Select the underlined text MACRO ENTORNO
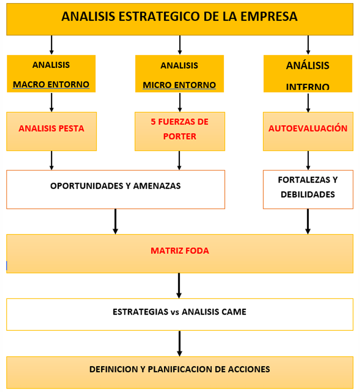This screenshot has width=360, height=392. click(51, 84)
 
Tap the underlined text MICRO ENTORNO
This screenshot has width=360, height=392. click(179, 85)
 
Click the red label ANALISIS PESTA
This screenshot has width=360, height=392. click(51, 128)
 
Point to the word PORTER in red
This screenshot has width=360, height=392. click(180, 137)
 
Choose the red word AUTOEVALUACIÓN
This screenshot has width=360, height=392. click(308, 128)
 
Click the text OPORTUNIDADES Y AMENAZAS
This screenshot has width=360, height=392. click(115, 186)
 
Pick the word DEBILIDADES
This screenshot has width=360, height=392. click(308, 195)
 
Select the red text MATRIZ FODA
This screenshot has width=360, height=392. click(180, 251)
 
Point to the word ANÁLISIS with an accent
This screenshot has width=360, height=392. click(308, 65)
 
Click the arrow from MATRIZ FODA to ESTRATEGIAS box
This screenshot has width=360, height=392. click(179, 285)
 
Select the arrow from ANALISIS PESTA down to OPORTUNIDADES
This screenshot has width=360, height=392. click(52, 160)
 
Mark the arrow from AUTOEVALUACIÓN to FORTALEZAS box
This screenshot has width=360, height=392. click(308, 160)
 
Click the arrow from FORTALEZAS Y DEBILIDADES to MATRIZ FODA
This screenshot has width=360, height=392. click(308, 222)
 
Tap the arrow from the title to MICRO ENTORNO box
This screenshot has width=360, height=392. click(180, 45)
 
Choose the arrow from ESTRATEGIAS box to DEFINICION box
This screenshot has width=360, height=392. click(179, 343)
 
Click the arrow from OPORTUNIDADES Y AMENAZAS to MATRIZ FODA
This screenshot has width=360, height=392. click(115, 222)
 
